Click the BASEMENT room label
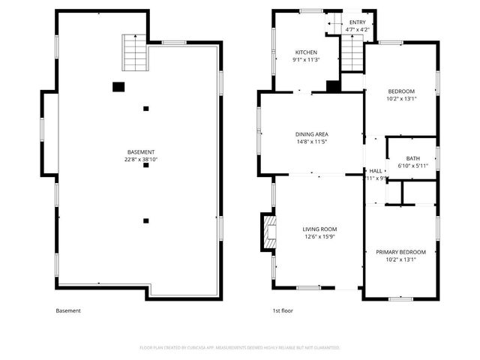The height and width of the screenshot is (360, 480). tap(140, 151)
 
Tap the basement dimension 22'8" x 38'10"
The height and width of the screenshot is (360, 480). tap(140, 159)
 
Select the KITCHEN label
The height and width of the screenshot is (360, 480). tap(306, 52)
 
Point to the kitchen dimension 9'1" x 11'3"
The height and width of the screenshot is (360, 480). tap(306, 60)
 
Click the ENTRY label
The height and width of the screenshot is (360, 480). tap(358, 23)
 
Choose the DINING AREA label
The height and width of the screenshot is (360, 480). tap(311, 134)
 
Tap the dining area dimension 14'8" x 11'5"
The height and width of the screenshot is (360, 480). tap(311, 142)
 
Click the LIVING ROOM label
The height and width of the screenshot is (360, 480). tap(319, 229)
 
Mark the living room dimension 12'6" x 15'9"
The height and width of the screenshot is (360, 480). tap(319, 237)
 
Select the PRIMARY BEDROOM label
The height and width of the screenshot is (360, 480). tap(400, 252)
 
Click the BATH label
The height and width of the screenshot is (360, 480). tap(412, 158)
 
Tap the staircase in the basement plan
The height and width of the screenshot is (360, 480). tap(133, 53)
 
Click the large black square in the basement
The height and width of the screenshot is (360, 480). tap(118, 87)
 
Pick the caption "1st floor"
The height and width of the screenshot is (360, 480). tap(283, 310)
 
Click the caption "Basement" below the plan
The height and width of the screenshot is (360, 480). tap(68, 310)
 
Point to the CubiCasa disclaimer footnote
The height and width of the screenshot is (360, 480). tap(240, 348)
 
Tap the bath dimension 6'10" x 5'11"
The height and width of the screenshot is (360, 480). tap(412, 166)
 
